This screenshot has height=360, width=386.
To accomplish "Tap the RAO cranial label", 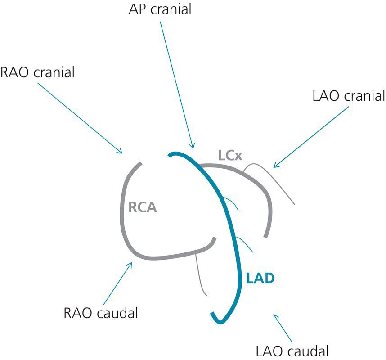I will click(37, 72).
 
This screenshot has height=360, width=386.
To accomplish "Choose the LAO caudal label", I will click(292, 350).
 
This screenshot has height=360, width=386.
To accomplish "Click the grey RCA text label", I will click(143, 208).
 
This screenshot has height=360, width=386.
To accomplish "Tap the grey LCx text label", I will click(230, 156).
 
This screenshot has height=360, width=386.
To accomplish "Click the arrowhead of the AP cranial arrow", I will click(193, 147).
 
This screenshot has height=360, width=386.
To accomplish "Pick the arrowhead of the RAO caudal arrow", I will click(131, 265).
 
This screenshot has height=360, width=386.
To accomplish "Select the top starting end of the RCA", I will click(141, 163).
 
